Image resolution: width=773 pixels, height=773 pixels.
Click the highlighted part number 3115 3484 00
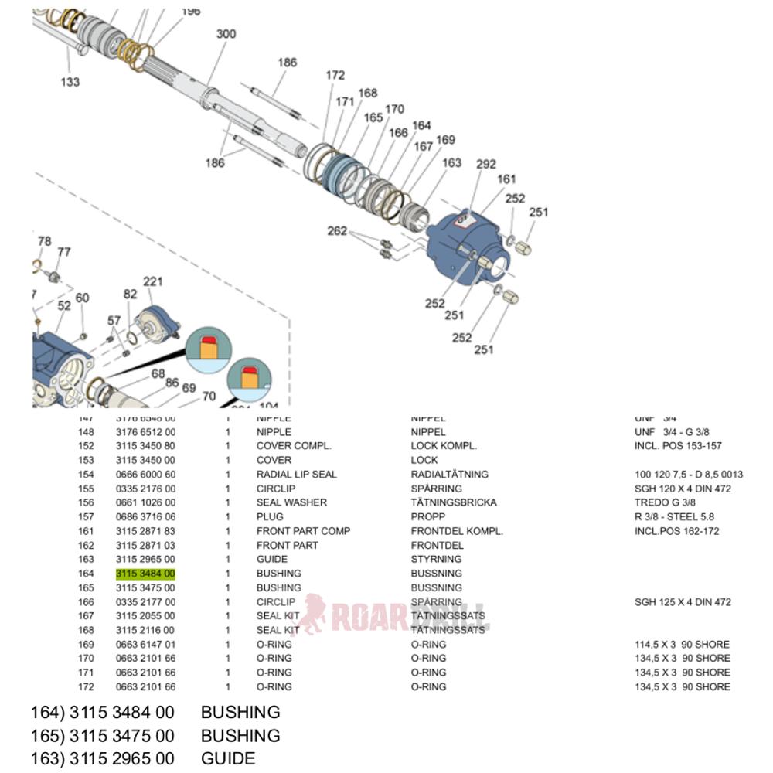(145, 574)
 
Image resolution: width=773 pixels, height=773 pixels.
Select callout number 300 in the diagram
(226, 34)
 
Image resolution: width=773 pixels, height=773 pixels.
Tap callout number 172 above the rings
(335, 75)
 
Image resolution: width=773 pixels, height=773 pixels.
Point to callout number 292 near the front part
(485, 164)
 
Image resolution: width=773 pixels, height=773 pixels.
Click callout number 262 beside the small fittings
(337, 230)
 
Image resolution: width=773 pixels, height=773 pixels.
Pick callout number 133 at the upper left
(70, 81)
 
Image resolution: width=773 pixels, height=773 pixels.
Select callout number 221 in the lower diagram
(153, 282)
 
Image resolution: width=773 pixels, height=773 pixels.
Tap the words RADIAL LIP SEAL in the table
(296, 475)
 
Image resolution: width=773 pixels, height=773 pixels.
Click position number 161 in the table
(86, 531)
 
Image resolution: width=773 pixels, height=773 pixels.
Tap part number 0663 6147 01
(145, 644)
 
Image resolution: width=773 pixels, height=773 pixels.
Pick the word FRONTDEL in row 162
(437, 545)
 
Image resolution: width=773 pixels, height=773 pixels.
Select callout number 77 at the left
(64, 252)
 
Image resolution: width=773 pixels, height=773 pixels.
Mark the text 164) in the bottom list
(46, 712)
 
